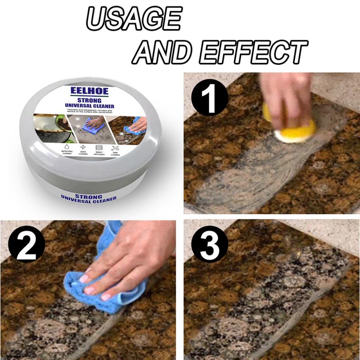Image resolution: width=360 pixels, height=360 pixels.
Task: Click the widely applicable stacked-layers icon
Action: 99,148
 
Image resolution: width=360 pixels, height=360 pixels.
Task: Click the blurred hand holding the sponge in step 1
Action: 288,94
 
